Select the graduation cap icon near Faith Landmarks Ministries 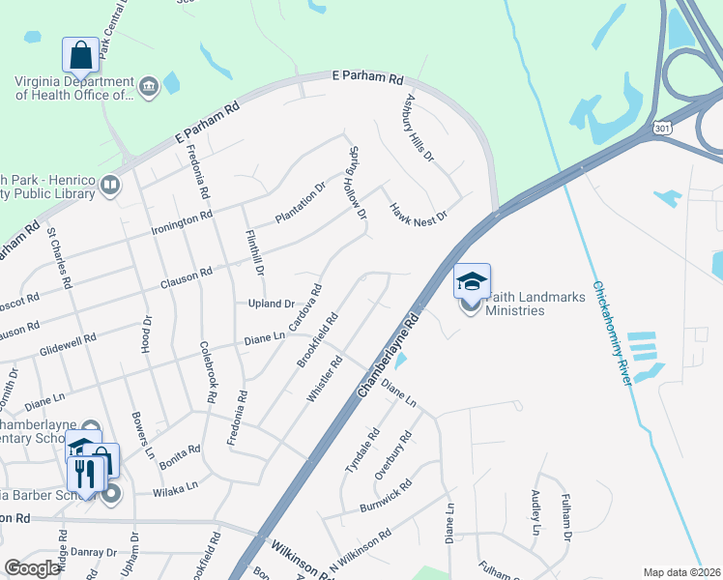click(x=472, y=281)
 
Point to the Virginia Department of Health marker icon click(x=150, y=87)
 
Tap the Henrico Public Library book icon click(x=110, y=185)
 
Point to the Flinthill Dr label click(x=254, y=248)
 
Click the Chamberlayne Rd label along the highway click(x=389, y=355)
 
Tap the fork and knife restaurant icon click(x=84, y=474)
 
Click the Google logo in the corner click(x=33, y=568)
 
